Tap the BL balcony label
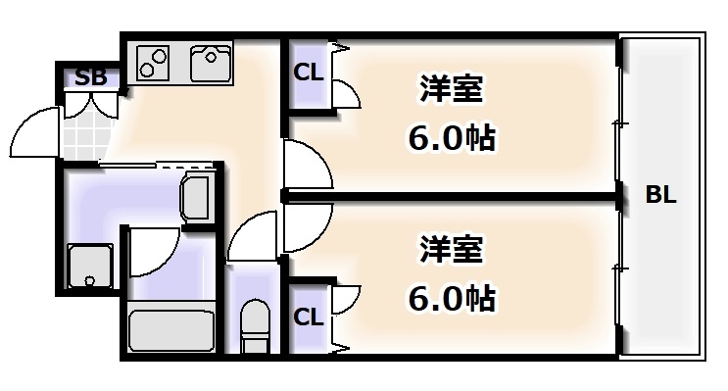pyautogui.click(x=660, y=195)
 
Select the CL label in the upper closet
pyautogui.click(x=308, y=73)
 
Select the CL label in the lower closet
pyautogui.click(x=308, y=317)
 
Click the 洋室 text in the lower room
pyautogui.click(x=452, y=250)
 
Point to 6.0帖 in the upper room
pyautogui.click(x=452, y=137)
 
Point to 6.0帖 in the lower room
pyautogui.click(x=452, y=296)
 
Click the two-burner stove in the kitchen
pyautogui.click(x=153, y=62)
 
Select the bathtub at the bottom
pyautogui.click(x=171, y=329)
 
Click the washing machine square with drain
pyautogui.click(x=90, y=265)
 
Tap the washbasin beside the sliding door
pyautogui.click(x=197, y=199)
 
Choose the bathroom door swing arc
pyautogui.click(x=152, y=251)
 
